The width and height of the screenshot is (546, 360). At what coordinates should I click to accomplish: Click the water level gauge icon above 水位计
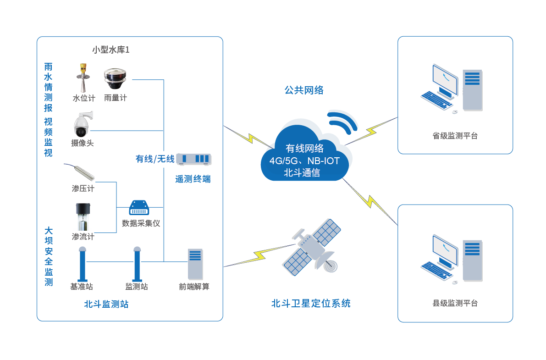[83, 78]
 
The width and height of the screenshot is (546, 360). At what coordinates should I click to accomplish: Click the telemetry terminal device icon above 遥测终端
[193, 159]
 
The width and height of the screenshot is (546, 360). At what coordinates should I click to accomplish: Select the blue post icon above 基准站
[83, 264]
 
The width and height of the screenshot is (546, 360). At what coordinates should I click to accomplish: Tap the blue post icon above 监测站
[137, 264]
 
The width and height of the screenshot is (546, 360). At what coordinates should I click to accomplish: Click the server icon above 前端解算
[195, 264]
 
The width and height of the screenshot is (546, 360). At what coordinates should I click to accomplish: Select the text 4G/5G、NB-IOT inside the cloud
[304, 161]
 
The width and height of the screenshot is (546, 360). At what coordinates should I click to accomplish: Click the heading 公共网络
[304, 90]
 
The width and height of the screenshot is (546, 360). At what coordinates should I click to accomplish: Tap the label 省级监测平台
[455, 136]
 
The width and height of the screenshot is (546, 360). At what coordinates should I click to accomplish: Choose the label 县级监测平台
[455, 303]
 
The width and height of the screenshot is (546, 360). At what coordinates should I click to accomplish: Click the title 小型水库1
[111, 50]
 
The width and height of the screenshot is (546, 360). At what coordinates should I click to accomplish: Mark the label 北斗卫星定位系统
[311, 303]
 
